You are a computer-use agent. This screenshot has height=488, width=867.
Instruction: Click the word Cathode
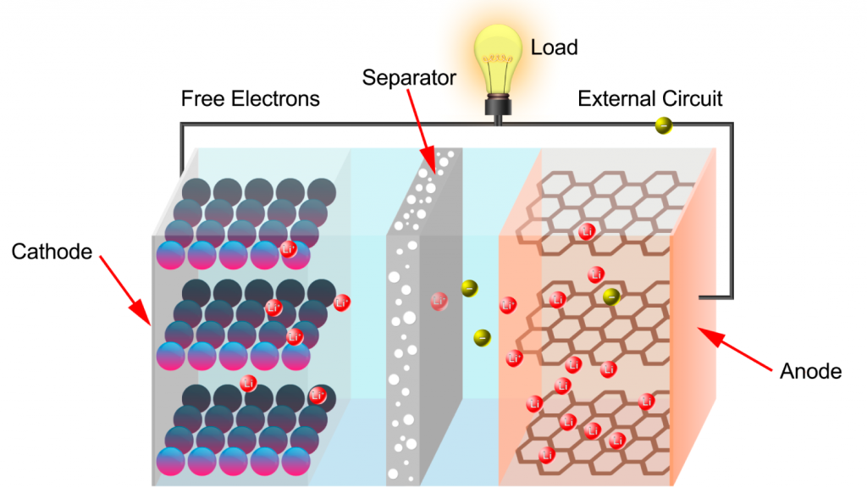(52, 252)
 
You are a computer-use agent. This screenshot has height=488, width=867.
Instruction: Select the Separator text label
(409, 78)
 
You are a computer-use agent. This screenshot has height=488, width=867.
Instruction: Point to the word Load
(554, 47)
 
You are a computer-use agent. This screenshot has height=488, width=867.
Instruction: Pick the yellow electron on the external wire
(665, 126)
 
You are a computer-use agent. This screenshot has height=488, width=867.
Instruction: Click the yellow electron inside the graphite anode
(610, 296)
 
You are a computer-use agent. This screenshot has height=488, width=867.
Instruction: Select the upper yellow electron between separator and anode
(468, 289)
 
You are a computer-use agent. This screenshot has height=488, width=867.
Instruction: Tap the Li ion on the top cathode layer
(288, 249)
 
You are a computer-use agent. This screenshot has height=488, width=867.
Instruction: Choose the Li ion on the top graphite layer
(586, 231)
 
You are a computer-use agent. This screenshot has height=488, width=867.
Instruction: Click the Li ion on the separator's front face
(439, 300)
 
